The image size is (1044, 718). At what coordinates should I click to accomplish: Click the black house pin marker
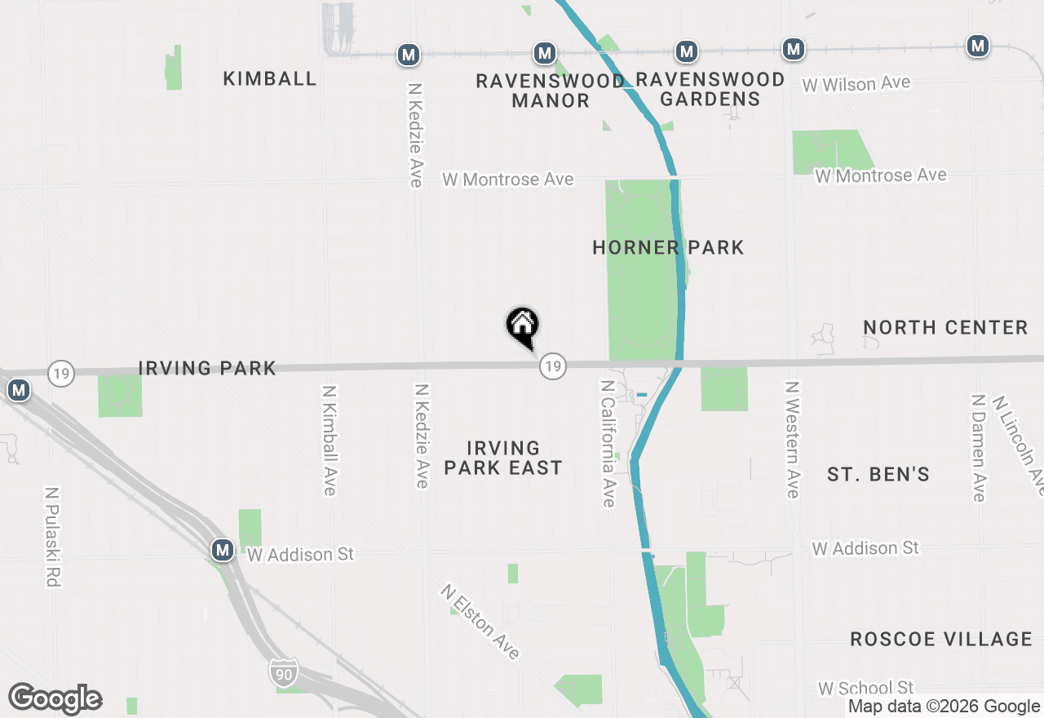(523, 326)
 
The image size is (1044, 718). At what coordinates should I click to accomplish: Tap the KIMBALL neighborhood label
(270, 78)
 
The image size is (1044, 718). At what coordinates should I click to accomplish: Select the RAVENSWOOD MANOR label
(551, 91)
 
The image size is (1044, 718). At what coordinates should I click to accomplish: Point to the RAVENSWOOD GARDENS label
(710, 89)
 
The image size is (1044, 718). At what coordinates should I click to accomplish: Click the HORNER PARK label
(668, 247)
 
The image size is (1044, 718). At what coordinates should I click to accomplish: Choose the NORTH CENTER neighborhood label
(945, 327)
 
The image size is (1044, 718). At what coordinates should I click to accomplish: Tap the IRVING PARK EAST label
(503, 458)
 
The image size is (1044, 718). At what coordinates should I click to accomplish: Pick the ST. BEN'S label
(878, 474)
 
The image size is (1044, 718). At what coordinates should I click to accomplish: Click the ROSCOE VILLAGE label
(941, 639)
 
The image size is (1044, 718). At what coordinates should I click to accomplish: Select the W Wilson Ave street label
(856, 84)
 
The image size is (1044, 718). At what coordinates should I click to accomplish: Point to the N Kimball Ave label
(329, 441)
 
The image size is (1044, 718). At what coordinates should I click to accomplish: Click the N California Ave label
(608, 443)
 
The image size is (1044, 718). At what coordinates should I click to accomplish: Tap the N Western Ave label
(791, 439)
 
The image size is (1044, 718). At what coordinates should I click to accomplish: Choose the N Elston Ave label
(480, 621)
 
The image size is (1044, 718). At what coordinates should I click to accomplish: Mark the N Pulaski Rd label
(53, 537)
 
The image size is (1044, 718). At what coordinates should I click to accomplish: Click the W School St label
(865, 688)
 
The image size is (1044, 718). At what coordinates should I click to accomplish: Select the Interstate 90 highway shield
(283, 672)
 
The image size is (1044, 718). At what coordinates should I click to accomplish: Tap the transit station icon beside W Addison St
(222, 550)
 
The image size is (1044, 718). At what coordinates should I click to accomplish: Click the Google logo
(55, 698)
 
